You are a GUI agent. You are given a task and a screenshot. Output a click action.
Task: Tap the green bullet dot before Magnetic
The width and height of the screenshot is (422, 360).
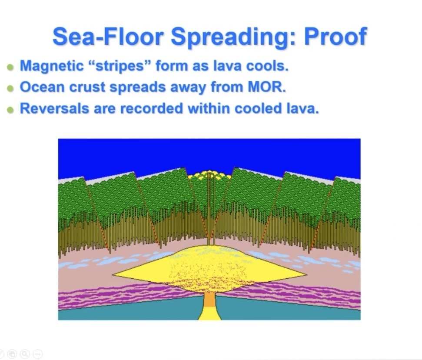(x=10, y=67)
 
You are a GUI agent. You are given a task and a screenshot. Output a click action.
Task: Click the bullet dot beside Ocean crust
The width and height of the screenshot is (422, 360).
(x=10, y=88)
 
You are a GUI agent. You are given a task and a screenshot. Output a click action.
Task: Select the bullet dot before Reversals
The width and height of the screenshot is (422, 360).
(x=10, y=109)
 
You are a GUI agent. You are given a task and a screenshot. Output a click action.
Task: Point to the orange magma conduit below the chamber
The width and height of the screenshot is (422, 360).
(x=209, y=300)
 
